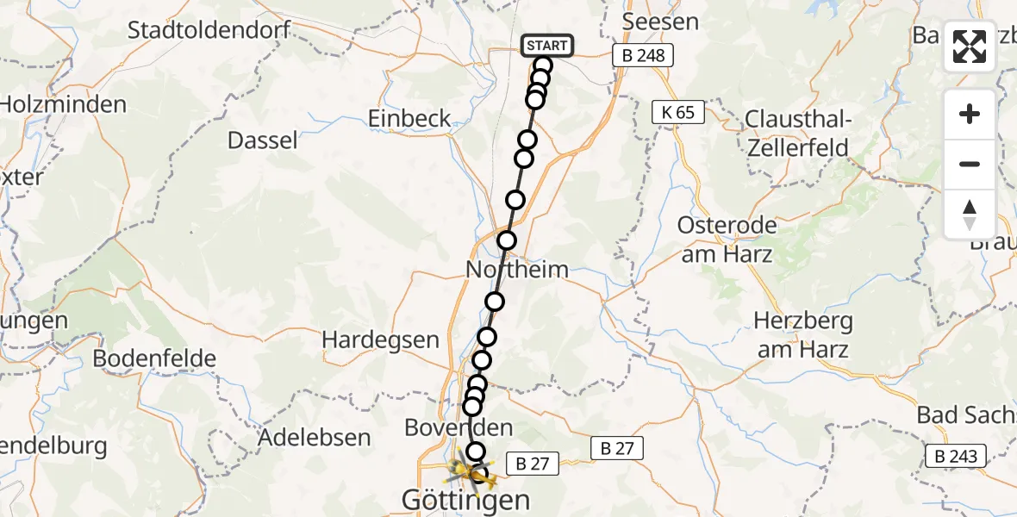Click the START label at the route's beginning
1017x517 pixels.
pyautogui.click(x=546, y=46)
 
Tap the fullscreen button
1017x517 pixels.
pyautogui.click(x=970, y=47)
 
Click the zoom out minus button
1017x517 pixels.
pyautogui.click(x=970, y=164)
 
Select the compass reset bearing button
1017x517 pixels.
pyautogui.click(x=970, y=214)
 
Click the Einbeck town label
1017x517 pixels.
pyautogui.click(x=409, y=118)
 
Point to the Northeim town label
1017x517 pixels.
pyautogui.click(x=517, y=270)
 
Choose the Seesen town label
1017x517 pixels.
pyautogui.click(x=660, y=22)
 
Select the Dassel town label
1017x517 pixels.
pyautogui.click(x=263, y=140)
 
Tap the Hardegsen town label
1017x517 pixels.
pyautogui.click(x=381, y=340)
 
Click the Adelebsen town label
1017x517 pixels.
pyautogui.click(x=315, y=438)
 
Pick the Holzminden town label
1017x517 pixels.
pyautogui.click(x=63, y=105)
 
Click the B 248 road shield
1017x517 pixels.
pyautogui.click(x=643, y=56)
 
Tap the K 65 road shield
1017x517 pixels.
pyautogui.click(x=678, y=112)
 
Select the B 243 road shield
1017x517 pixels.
pyautogui.click(x=958, y=456)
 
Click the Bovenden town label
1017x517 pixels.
pyautogui.click(x=459, y=427)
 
